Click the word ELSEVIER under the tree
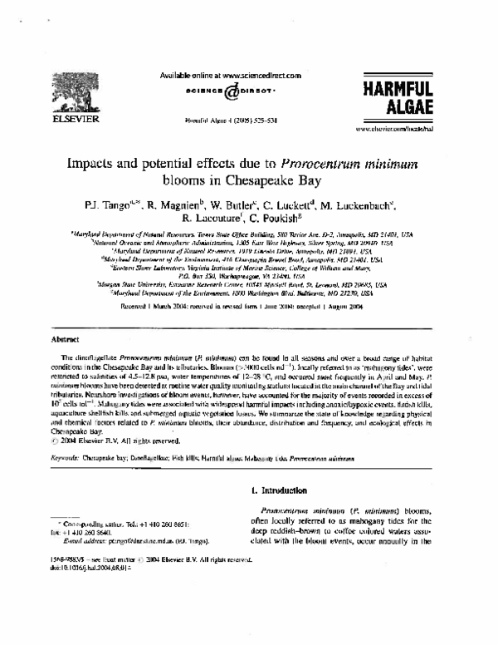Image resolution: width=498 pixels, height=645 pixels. coord(61,120)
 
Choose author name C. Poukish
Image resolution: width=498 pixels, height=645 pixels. coord(282,219)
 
